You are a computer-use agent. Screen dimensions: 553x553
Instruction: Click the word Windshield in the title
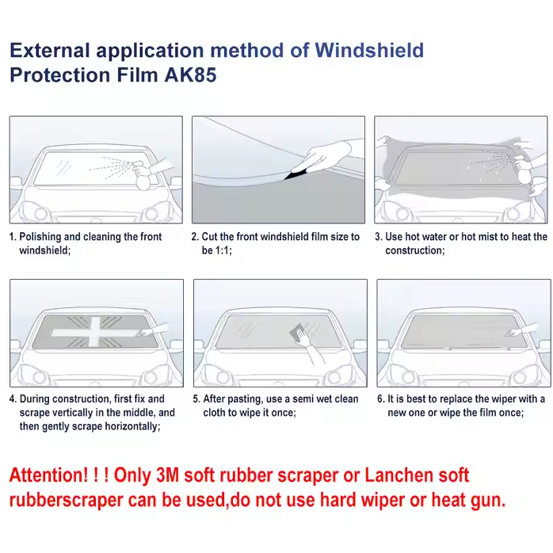pyautogui.click(x=369, y=51)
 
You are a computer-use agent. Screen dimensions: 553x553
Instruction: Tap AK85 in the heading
pyautogui.click(x=190, y=75)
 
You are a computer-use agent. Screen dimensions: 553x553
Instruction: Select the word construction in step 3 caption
pyautogui.click(x=414, y=251)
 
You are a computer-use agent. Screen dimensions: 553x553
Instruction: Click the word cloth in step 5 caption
pyautogui.click(x=215, y=413)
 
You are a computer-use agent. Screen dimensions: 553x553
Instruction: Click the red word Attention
pyautogui.click(x=48, y=475)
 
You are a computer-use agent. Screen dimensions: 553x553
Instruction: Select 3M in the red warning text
pyautogui.click(x=167, y=475)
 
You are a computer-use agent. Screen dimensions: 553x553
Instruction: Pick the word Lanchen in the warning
pyautogui.click(x=399, y=475)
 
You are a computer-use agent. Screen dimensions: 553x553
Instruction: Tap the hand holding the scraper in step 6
pyautogui.click(x=523, y=330)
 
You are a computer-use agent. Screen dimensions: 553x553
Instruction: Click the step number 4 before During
pyautogui.click(x=13, y=399)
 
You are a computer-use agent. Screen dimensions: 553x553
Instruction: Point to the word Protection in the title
pyautogui.click(x=60, y=75)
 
